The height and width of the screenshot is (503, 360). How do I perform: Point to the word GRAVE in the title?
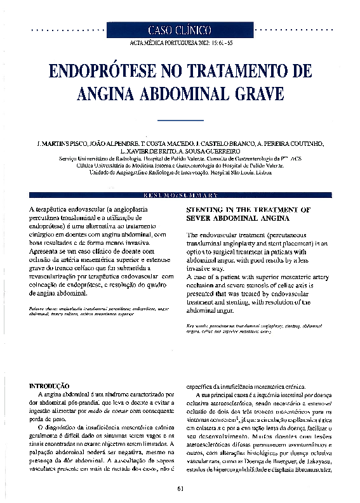coord(253,93)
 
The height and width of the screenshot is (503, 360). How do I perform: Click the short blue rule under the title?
coord(180,120)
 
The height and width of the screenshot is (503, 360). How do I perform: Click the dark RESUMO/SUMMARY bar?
coord(180,195)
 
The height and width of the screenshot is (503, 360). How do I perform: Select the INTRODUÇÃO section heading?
coord(50,386)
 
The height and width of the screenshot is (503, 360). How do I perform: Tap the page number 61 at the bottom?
coord(180,488)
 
